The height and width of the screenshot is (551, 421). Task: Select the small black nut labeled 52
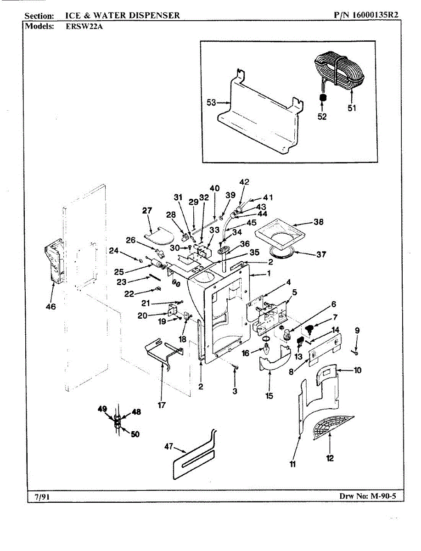[322, 98]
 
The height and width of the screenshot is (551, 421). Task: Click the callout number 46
[51, 307]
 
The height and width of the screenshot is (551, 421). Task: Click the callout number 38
[318, 222]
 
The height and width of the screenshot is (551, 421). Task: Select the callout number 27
[147, 211]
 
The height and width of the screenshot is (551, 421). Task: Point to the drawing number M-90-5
[381, 496]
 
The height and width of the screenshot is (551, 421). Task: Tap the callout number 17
[162, 405]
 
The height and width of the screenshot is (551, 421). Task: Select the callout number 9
[357, 330]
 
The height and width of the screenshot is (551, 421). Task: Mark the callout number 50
[135, 434]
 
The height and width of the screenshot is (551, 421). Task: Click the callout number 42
[244, 182]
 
